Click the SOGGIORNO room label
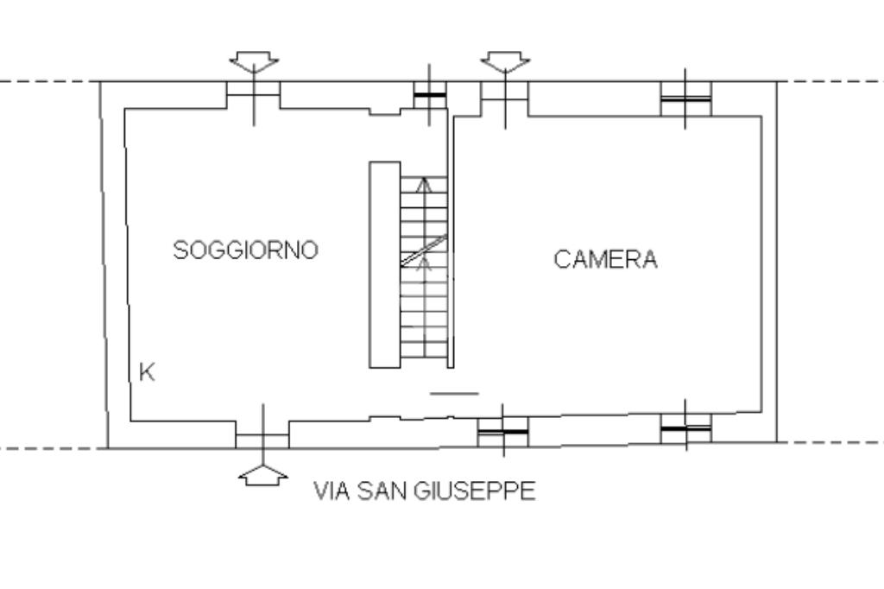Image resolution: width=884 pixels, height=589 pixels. [x=246, y=250]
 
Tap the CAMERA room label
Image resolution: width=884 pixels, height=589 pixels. [x=605, y=259]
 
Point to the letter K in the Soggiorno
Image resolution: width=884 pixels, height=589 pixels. [x=147, y=372]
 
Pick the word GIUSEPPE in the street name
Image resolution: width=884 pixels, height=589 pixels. [x=475, y=491]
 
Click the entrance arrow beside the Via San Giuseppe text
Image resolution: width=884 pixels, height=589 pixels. [x=262, y=475]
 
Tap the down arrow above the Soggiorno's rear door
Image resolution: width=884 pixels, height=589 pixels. [x=254, y=62]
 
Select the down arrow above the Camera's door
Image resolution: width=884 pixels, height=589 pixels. [x=505, y=62]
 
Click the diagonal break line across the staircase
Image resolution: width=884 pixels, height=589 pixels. [x=424, y=250]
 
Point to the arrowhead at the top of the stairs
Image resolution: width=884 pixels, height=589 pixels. [x=424, y=185]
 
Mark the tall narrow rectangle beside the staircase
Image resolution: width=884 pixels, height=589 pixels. [x=385, y=264]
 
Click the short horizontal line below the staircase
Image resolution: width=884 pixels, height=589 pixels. [x=454, y=393]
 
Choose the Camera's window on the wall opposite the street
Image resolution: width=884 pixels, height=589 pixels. [x=686, y=98]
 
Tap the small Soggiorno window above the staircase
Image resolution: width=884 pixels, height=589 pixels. [x=430, y=95]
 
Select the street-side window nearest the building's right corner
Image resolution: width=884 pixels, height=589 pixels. [x=686, y=428]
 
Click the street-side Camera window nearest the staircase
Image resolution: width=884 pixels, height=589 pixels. [x=503, y=432]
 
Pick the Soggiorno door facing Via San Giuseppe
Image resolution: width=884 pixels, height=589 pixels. [x=262, y=434]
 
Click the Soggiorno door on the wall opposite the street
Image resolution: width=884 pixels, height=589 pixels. [x=253, y=95]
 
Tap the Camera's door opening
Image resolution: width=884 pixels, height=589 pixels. [x=504, y=98]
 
